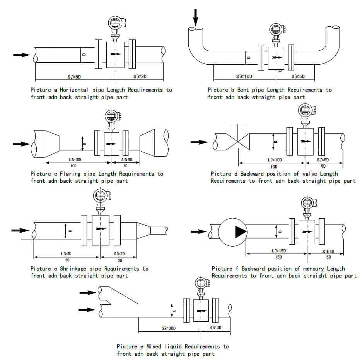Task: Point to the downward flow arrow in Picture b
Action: click(x=196, y=17)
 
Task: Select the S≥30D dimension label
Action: click(x=169, y=328)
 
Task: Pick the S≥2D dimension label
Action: click(x=119, y=254)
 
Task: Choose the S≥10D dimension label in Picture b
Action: click(x=244, y=77)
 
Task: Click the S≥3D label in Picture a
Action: click(x=140, y=76)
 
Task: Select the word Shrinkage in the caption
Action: click(x=74, y=269)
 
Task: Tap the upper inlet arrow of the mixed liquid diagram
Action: click(x=88, y=292)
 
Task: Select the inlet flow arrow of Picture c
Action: click(x=21, y=144)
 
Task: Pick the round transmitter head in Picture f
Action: click(x=308, y=203)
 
